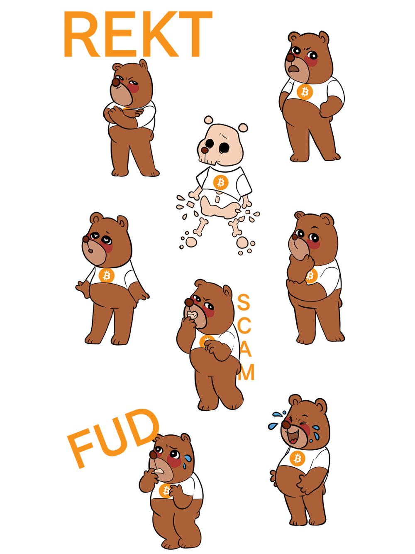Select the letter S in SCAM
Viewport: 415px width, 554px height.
243,302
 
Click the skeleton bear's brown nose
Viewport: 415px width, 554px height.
205,150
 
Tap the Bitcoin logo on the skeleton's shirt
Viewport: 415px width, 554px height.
221,182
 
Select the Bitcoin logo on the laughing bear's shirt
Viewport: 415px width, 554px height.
298,458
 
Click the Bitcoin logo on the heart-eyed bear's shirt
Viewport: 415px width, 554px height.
106,276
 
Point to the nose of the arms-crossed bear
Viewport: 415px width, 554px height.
116,82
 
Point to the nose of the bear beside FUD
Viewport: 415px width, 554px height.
153,455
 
